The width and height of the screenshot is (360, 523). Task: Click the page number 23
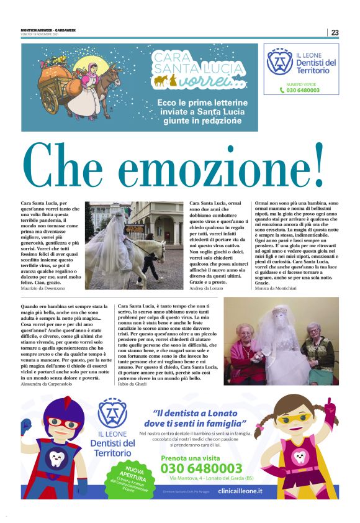(x=335, y=32)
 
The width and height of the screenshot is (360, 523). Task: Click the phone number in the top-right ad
(x=304, y=90)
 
